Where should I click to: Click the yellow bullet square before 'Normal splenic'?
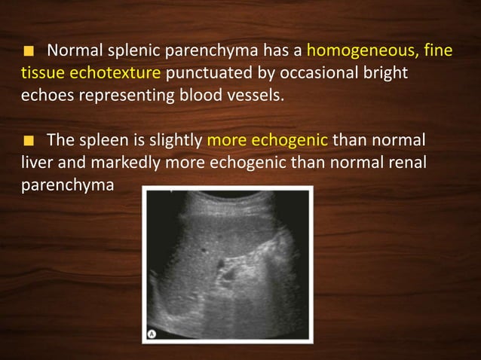(28, 53)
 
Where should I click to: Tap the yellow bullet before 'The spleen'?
(28, 140)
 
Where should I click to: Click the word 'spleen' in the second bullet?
(102, 140)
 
